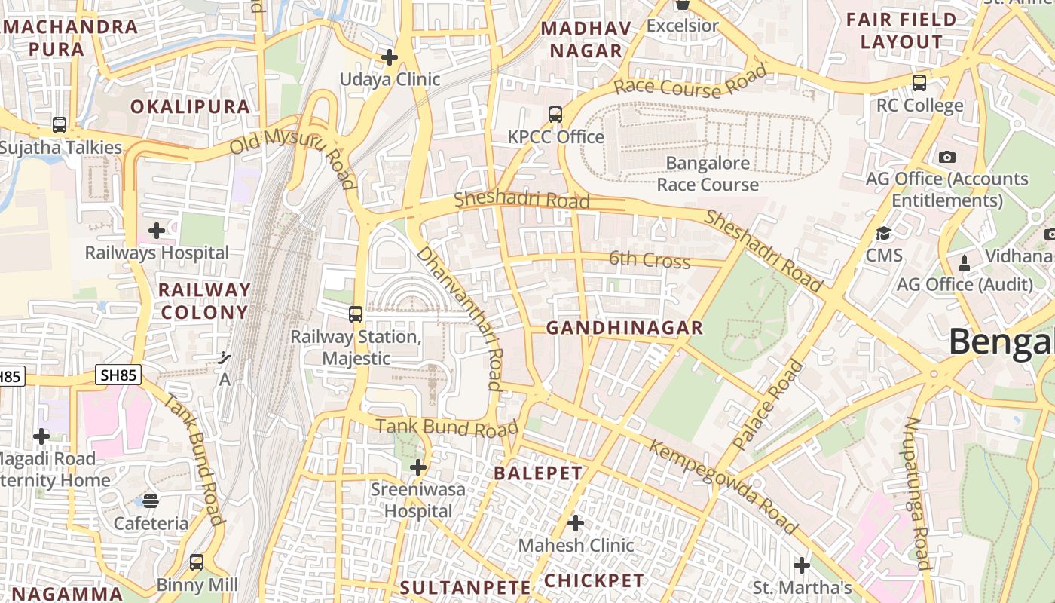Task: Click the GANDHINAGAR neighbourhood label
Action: point(624,328)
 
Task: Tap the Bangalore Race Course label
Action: point(708,174)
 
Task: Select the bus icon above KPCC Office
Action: point(555,115)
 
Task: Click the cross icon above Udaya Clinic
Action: point(390,57)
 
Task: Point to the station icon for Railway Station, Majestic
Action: point(356,314)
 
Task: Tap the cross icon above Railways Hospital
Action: point(157,230)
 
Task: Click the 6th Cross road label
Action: point(649,260)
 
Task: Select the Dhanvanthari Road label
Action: point(460,317)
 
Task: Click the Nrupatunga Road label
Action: point(917,493)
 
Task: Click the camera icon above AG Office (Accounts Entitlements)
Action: point(947,157)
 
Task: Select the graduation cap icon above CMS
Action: point(883,233)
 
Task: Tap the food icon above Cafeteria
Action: point(151,501)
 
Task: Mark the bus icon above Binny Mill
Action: point(197,562)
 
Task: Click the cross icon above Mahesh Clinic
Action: point(576,522)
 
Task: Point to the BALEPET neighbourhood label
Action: point(538,473)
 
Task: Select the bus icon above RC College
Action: point(919,83)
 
